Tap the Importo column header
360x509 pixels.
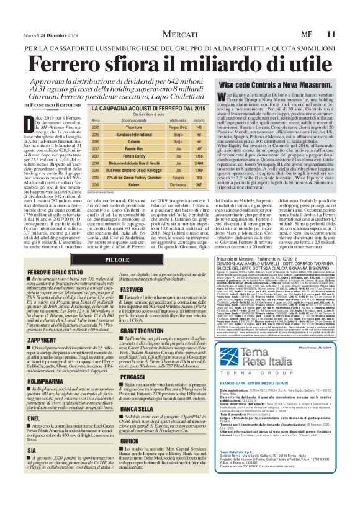(197, 119)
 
